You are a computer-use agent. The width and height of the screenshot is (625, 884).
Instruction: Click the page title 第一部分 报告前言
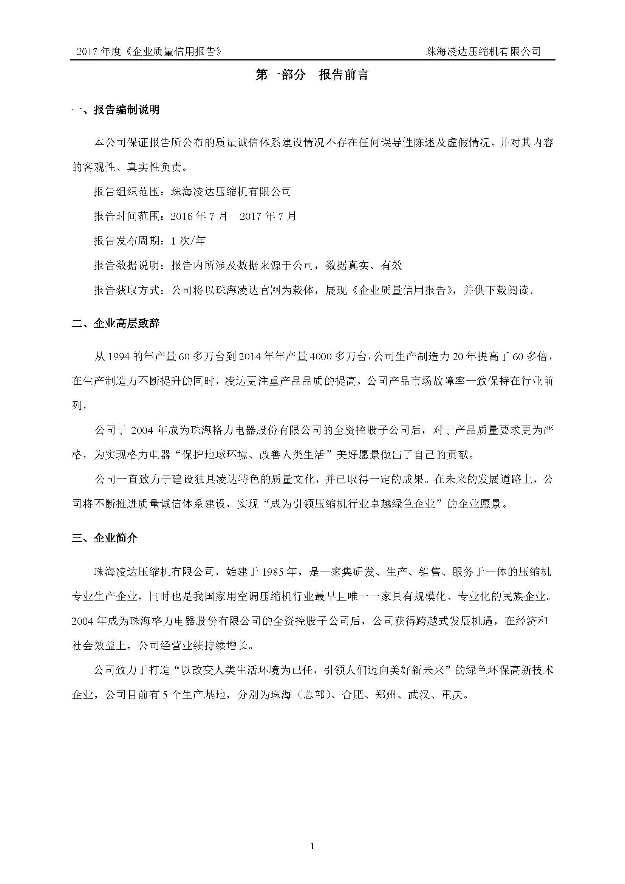tap(312, 75)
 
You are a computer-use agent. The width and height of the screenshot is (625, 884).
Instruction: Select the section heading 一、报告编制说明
tap(116, 110)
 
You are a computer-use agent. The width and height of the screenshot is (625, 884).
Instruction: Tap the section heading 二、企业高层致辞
tap(116, 324)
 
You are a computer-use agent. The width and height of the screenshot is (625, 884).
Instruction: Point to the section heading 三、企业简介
tap(105, 538)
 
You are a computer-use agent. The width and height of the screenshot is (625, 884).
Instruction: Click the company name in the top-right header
tap(483, 52)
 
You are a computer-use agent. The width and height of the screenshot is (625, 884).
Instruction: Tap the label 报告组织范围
tap(126, 191)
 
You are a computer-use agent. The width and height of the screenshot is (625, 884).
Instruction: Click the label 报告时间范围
tap(126, 216)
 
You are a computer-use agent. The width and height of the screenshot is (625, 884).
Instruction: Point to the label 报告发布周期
tap(126, 241)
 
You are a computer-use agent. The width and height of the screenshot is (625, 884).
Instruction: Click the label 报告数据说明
tap(126, 265)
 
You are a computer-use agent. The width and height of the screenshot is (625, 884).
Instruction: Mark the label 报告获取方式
tap(126, 290)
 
